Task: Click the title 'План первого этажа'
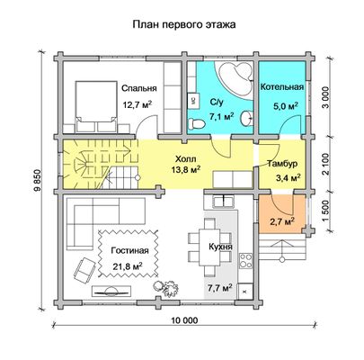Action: [184, 24]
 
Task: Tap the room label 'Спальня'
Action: [139, 88]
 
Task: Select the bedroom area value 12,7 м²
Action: [138, 104]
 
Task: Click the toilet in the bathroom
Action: [197, 123]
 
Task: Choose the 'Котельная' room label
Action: [282, 87]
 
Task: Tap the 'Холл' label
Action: [186, 158]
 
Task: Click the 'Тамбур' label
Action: [282, 164]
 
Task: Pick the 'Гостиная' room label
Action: [129, 250]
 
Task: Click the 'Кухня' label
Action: [221, 247]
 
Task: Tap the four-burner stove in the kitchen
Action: [246, 260]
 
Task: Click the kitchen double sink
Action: [224, 201]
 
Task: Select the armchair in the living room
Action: [84, 270]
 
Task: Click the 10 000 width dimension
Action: [185, 320]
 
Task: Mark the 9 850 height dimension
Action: [38, 181]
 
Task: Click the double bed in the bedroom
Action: [95, 106]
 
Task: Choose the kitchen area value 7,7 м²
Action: [220, 288]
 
